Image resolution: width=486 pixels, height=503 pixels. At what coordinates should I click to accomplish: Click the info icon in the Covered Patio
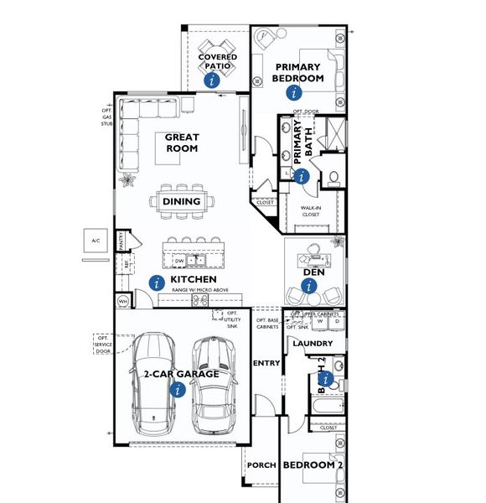[x=212, y=80]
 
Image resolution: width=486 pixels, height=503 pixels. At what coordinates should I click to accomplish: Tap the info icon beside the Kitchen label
[x=155, y=283]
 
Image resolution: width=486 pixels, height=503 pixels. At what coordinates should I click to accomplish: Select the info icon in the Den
[x=309, y=287]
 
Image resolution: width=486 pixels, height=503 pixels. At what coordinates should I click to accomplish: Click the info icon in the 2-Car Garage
[x=177, y=389]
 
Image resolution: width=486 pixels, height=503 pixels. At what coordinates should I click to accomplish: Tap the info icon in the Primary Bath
[x=302, y=177]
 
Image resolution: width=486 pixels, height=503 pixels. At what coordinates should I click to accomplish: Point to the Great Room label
[x=181, y=143]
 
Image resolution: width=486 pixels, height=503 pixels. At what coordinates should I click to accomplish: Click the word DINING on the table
[x=181, y=201]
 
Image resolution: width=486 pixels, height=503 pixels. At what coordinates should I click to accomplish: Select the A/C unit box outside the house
[x=96, y=241]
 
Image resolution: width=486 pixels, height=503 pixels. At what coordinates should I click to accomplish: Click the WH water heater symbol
[x=122, y=300]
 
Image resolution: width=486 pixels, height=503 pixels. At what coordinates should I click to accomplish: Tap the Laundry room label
[x=313, y=344]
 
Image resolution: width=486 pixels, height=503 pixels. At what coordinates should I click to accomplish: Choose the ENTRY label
[x=266, y=363]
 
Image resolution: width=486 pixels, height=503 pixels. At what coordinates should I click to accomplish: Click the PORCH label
[x=261, y=464]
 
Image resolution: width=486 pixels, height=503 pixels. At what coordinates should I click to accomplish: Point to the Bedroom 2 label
[x=312, y=464]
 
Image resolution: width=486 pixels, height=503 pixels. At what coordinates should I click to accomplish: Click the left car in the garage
[x=152, y=379]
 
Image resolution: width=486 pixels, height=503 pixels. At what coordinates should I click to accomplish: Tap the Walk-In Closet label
[x=311, y=210]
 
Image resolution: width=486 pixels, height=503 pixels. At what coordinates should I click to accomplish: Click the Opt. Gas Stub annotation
[x=106, y=117]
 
